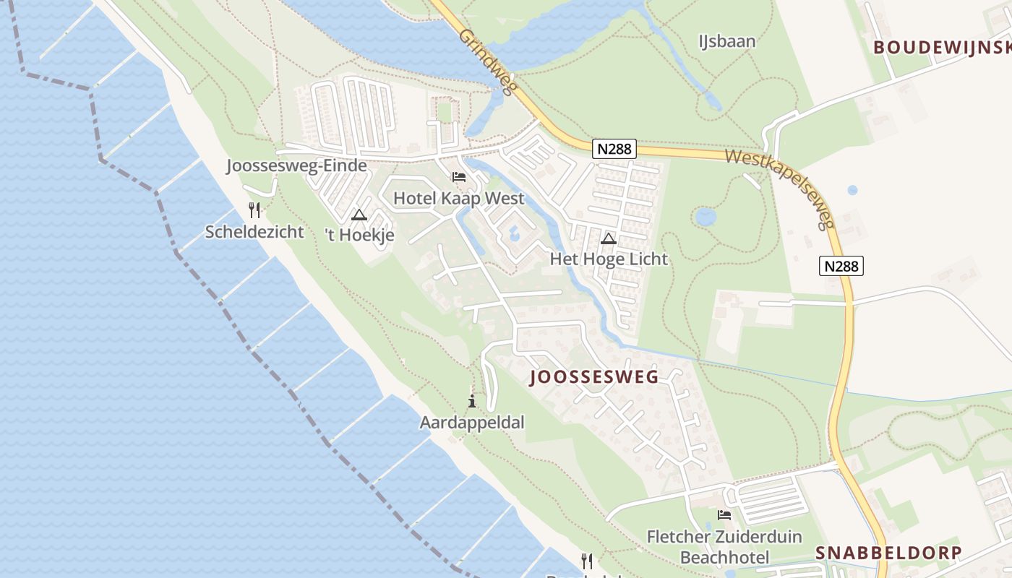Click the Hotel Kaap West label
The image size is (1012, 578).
pyautogui.click(x=458, y=198)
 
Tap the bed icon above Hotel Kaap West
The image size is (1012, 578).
pyautogui.click(x=458, y=176)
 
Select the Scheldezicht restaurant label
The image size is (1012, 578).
pyautogui.click(x=254, y=231)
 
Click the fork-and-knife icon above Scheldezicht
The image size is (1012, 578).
pyautogui.click(x=254, y=210)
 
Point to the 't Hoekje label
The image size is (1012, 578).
pyautogui.click(x=359, y=236)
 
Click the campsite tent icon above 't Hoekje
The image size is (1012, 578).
pyautogui.click(x=359, y=215)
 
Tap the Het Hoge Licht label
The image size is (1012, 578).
pyautogui.click(x=609, y=259)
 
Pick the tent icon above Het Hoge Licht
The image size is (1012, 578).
pyautogui.click(x=609, y=238)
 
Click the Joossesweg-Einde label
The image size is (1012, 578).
pyautogui.click(x=296, y=165)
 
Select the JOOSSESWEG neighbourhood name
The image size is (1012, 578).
pyautogui.click(x=594, y=377)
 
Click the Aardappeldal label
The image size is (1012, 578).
pyautogui.click(x=472, y=422)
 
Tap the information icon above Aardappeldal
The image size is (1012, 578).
pyautogui.click(x=472, y=402)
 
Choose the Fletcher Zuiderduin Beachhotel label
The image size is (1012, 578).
pyautogui.click(x=724, y=547)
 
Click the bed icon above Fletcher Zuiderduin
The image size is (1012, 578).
pyautogui.click(x=724, y=515)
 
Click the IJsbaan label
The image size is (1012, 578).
pyautogui.click(x=726, y=41)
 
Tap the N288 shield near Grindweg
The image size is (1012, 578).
pyautogui.click(x=614, y=150)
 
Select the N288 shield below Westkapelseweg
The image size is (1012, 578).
pyautogui.click(x=842, y=266)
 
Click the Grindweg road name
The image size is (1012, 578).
pyautogui.click(x=487, y=62)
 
